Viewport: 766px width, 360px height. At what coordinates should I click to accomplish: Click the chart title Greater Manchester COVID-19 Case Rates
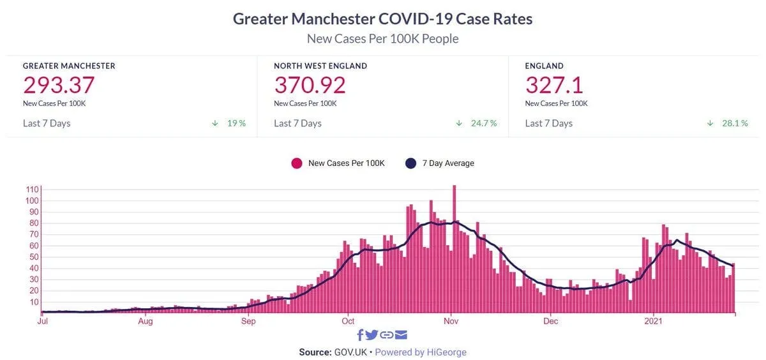[x=382, y=19]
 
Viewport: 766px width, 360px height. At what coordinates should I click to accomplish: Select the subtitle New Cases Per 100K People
[x=382, y=39]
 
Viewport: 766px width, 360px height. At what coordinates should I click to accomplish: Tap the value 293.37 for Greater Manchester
[x=59, y=85]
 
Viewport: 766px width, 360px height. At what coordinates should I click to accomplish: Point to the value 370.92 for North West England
[x=310, y=85]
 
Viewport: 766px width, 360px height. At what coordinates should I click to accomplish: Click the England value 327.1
[x=554, y=85]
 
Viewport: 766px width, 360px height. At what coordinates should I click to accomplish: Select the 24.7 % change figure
[x=484, y=123]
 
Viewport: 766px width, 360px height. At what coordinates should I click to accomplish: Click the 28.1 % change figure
[x=735, y=123]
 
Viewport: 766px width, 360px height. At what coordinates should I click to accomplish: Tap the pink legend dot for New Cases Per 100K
[x=296, y=163]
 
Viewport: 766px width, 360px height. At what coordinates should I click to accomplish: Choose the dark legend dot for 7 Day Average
[x=411, y=163]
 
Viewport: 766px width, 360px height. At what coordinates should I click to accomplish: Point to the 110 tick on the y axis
[x=31, y=190]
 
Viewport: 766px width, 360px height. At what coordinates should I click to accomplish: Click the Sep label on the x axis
[x=248, y=321]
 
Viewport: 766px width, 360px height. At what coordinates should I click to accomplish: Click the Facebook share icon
[x=360, y=335]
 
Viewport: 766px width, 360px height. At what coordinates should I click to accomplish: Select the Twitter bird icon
[x=372, y=335]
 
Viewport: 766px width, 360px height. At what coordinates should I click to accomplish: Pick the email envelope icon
[x=401, y=335]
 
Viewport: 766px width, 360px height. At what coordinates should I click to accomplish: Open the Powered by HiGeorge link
[x=421, y=352]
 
